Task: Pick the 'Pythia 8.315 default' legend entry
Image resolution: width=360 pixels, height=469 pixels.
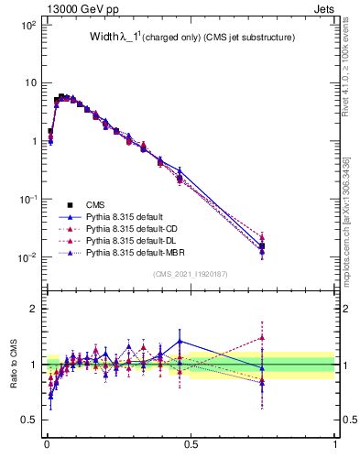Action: coord(130,216)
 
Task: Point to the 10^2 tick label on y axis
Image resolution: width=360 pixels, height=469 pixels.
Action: coord(28,26)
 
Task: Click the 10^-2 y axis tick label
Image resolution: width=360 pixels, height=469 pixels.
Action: coord(27,257)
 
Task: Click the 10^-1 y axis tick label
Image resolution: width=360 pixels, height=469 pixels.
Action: coord(27,200)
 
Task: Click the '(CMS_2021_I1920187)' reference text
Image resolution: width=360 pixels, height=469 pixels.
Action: coord(190,274)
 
